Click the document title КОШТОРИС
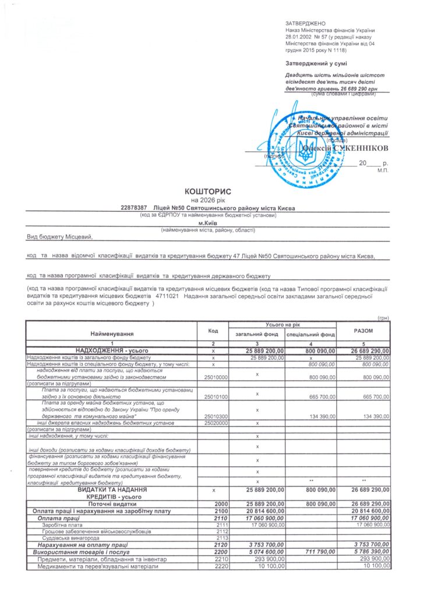[x=208, y=191]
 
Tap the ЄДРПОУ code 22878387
[x=133, y=207]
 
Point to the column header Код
[x=213, y=331]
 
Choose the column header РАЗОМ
[x=364, y=331]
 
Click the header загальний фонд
[x=257, y=335]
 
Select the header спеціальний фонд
[x=310, y=335]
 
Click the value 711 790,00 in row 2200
[x=318, y=551]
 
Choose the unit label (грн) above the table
[x=383, y=318]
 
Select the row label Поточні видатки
[x=112, y=503]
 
